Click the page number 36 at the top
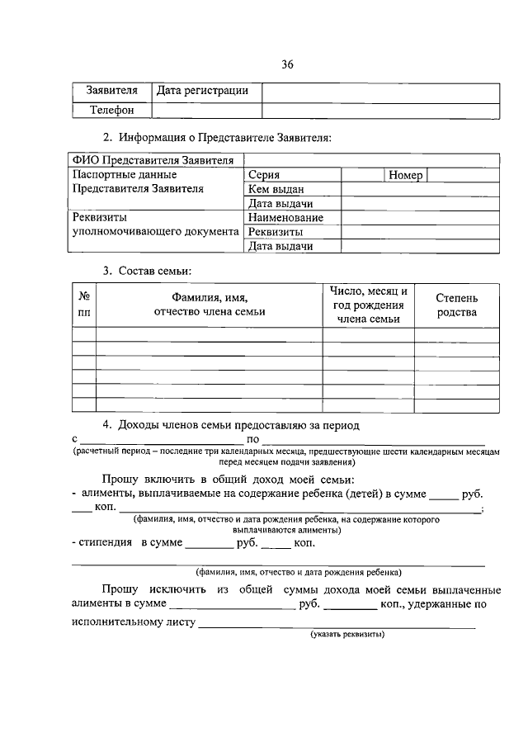(x=287, y=65)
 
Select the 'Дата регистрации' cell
(x=202, y=91)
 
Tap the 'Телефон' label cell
(x=111, y=110)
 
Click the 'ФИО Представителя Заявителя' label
(x=153, y=160)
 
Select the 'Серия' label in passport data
(x=264, y=175)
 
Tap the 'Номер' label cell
(x=404, y=175)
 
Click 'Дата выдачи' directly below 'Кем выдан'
(x=280, y=204)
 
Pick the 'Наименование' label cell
(x=285, y=218)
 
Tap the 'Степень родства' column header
(x=456, y=305)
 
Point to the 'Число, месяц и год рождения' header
(x=368, y=305)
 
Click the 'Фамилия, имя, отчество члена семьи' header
(x=210, y=305)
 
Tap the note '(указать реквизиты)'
(x=347, y=635)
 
